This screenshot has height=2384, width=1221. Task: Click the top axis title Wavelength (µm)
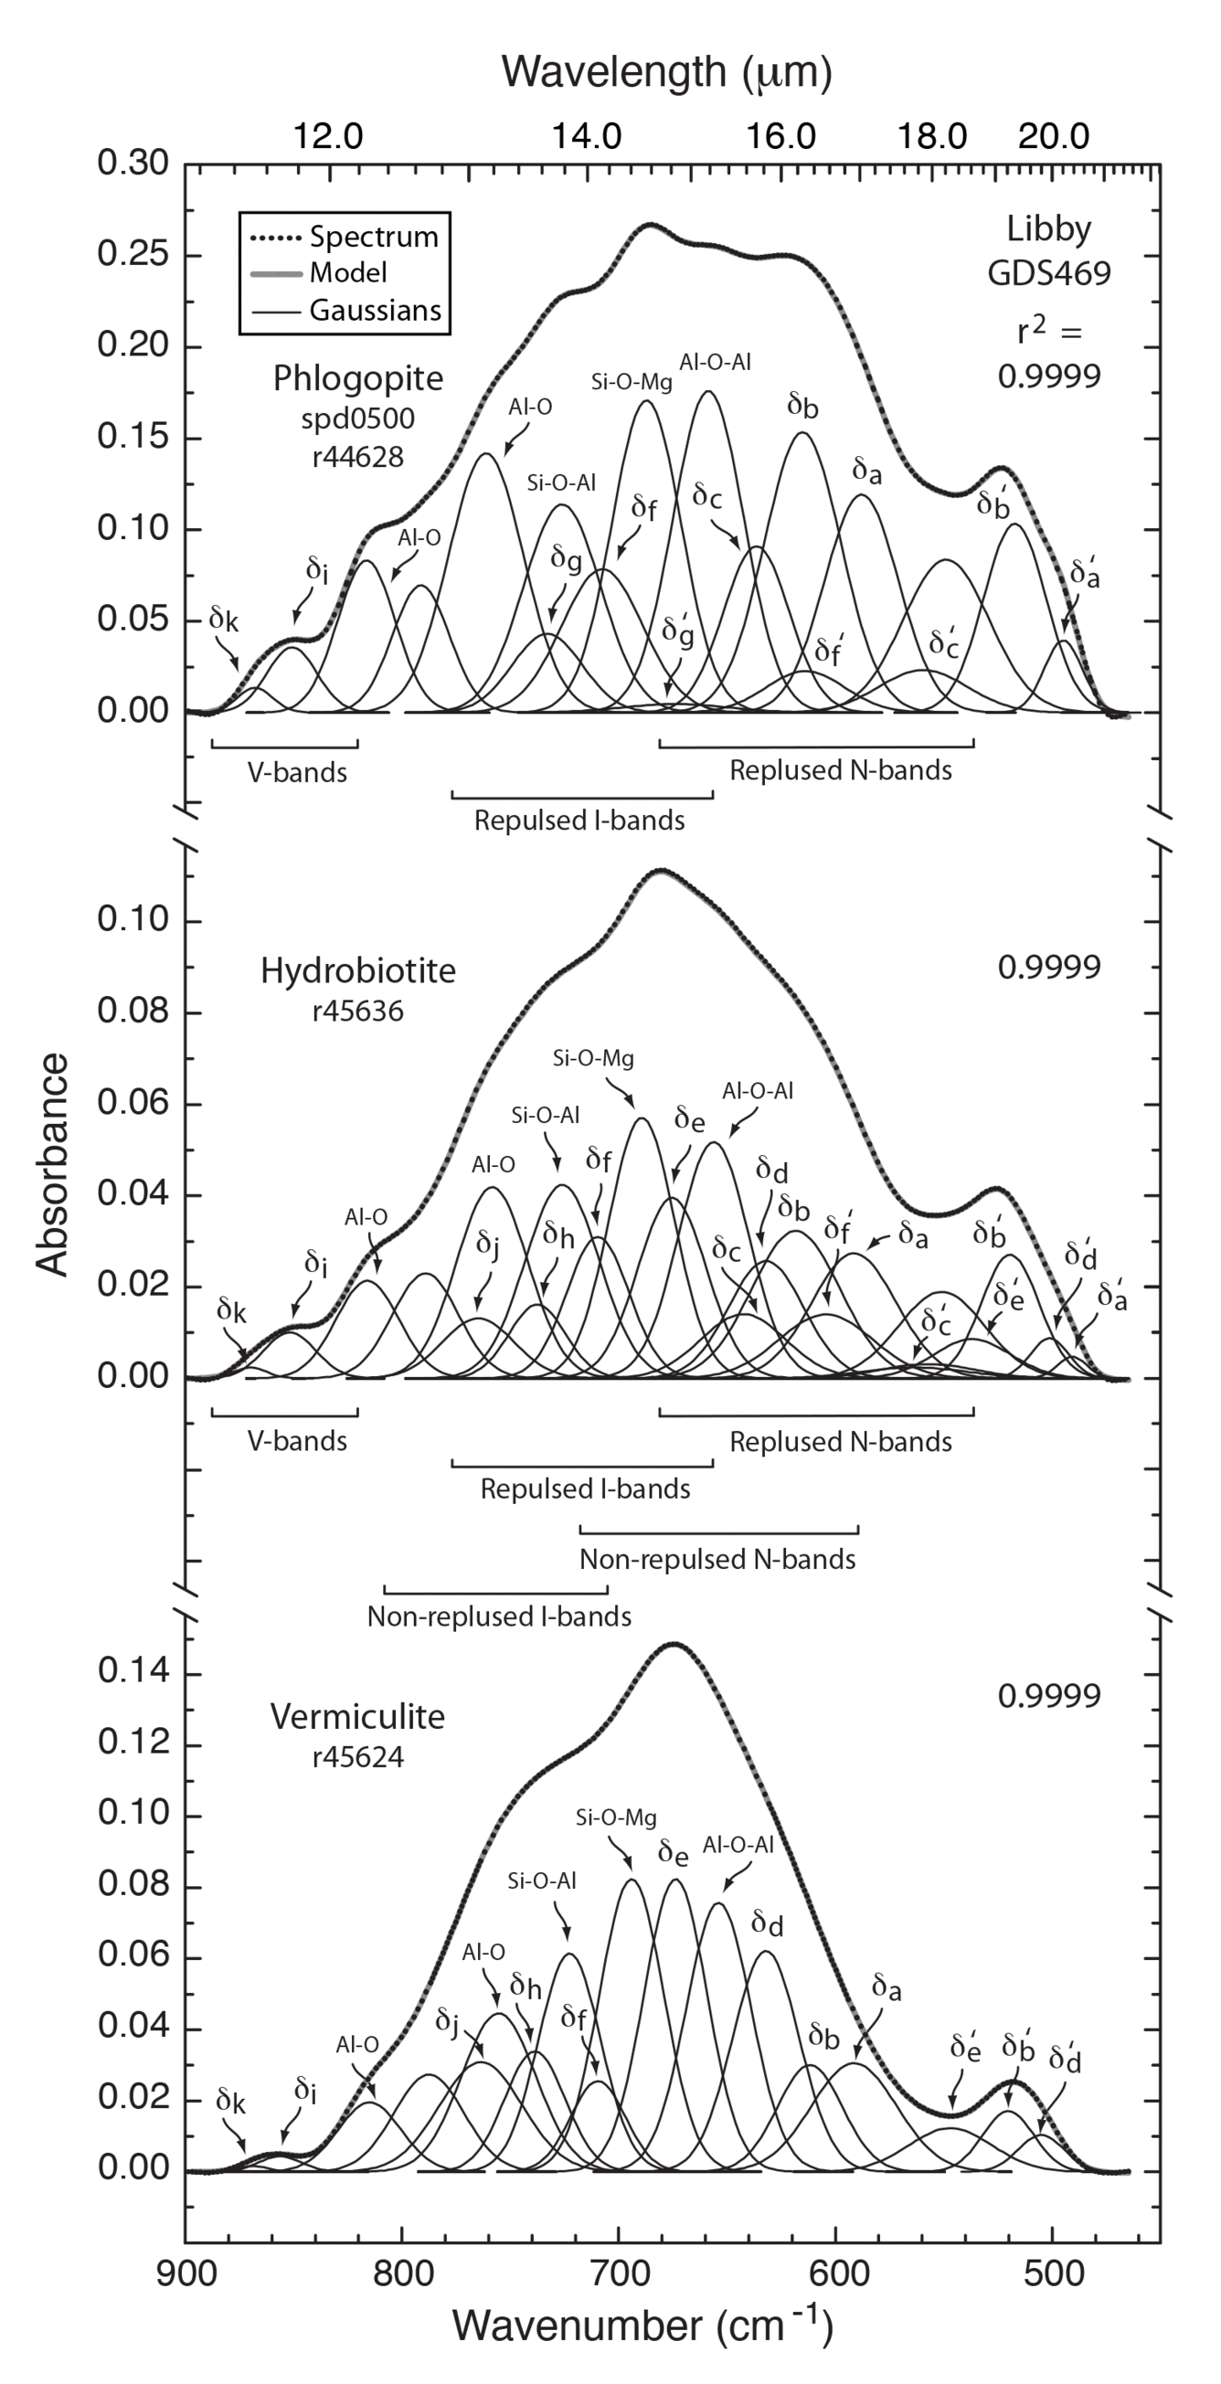(x=665, y=71)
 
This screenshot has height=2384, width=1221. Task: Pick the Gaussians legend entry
(x=374, y=310)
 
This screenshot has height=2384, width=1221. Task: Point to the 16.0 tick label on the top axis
(x=780, y=137)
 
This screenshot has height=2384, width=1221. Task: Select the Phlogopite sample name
(x=357, y=378)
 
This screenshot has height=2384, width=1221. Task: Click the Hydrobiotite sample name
(x=357, y=970)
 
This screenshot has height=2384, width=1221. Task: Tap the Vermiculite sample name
(x=357, y=1717)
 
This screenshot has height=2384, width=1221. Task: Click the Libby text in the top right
(x=1048, y=228)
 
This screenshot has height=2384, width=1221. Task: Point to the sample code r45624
(x=357, y=1756)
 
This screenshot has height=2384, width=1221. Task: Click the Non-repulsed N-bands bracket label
(x=717, y=1560)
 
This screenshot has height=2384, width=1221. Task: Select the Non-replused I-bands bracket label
(x=499, y=1616)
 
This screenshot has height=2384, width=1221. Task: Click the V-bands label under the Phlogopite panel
(x=296, y=773)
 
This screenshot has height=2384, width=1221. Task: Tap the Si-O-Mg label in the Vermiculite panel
(x=616, y=1817)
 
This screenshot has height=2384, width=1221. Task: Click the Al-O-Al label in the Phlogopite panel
(x=715, y=362)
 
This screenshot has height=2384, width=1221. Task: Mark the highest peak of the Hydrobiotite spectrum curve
(x=661, y=871)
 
